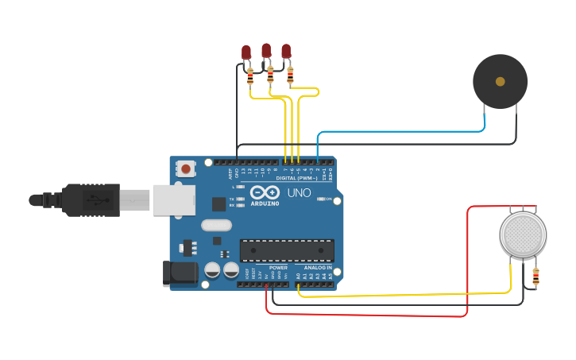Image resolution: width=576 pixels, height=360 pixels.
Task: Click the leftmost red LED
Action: [246, 52]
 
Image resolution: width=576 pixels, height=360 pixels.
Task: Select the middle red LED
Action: [266, 50]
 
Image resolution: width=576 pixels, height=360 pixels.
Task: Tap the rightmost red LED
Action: [286, 51]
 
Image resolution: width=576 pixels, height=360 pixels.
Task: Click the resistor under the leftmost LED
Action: [251, 77]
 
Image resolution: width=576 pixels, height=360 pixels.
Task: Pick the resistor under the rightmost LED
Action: [290, 75]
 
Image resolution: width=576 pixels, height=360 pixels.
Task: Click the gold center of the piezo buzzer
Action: [500, 81]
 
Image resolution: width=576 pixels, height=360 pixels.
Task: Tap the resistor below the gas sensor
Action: [535, 277]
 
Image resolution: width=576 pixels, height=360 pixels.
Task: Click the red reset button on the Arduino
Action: [187, 168]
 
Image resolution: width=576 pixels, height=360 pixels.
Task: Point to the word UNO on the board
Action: [299, 193]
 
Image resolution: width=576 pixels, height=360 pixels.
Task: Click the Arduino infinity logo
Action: [264, 192]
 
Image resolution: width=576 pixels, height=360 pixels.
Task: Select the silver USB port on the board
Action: [173, 200]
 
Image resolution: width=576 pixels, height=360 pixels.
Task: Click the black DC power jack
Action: [179, 273]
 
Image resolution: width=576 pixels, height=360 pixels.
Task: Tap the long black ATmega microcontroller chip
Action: [287, 250]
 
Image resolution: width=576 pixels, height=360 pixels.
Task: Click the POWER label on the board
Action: [278, 268]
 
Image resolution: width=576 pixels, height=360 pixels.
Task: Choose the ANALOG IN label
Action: [317, 268]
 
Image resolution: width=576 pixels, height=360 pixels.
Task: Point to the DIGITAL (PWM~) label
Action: [296, 178]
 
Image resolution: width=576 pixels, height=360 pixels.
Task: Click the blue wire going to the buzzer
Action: [397, 132]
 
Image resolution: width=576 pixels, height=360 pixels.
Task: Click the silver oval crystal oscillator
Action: [216, 225]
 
